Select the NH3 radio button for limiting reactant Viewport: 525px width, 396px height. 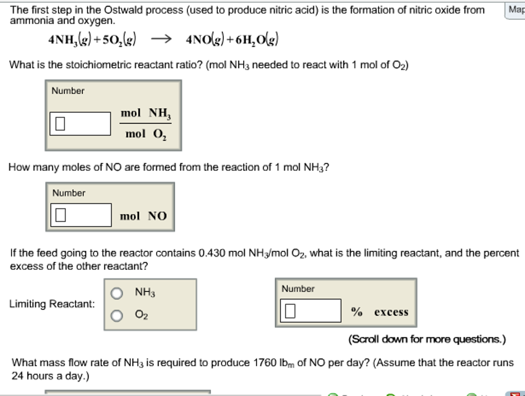[x=117, y=293]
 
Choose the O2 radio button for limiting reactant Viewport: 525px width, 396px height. [x=117, y=315]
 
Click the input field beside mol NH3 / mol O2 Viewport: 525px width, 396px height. [x=80, y=124]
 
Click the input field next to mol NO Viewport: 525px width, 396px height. [x=81, y=215]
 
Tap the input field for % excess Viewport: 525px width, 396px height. [x=310, y=311]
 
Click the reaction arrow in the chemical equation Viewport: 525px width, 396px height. [x=161, y=39]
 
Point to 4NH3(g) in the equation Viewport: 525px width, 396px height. [x=70, y=40]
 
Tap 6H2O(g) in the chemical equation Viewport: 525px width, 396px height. [x=257, y=40]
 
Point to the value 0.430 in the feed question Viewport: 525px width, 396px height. [x=212, y=253]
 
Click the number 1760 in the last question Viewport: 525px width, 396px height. [x=265, y=363]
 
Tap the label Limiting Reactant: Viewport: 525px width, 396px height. [x=52, y=304]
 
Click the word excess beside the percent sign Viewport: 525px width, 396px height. [x=391, y=312]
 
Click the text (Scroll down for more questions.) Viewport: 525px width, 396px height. [x=427, y=339]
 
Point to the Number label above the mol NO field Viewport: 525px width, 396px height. [x=69, y=193]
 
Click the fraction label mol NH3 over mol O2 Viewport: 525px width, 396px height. [x=145, y=123]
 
